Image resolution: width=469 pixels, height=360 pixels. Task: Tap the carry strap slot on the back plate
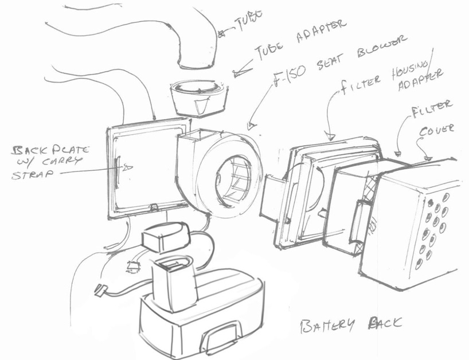pos(118,169)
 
